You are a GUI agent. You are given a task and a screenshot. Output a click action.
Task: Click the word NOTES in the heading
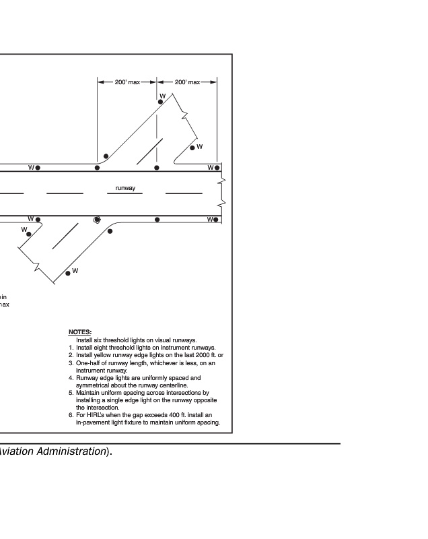click(x=79, y=332)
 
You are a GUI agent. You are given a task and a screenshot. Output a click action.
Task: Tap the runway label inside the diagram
click(x=125, y=188)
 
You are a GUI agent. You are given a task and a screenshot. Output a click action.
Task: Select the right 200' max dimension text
click(x=187, y=82)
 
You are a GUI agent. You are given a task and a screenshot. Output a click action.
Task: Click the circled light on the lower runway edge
click(x=97, y=220)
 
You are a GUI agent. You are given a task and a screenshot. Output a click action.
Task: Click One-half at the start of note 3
click(x=88, y=362)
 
